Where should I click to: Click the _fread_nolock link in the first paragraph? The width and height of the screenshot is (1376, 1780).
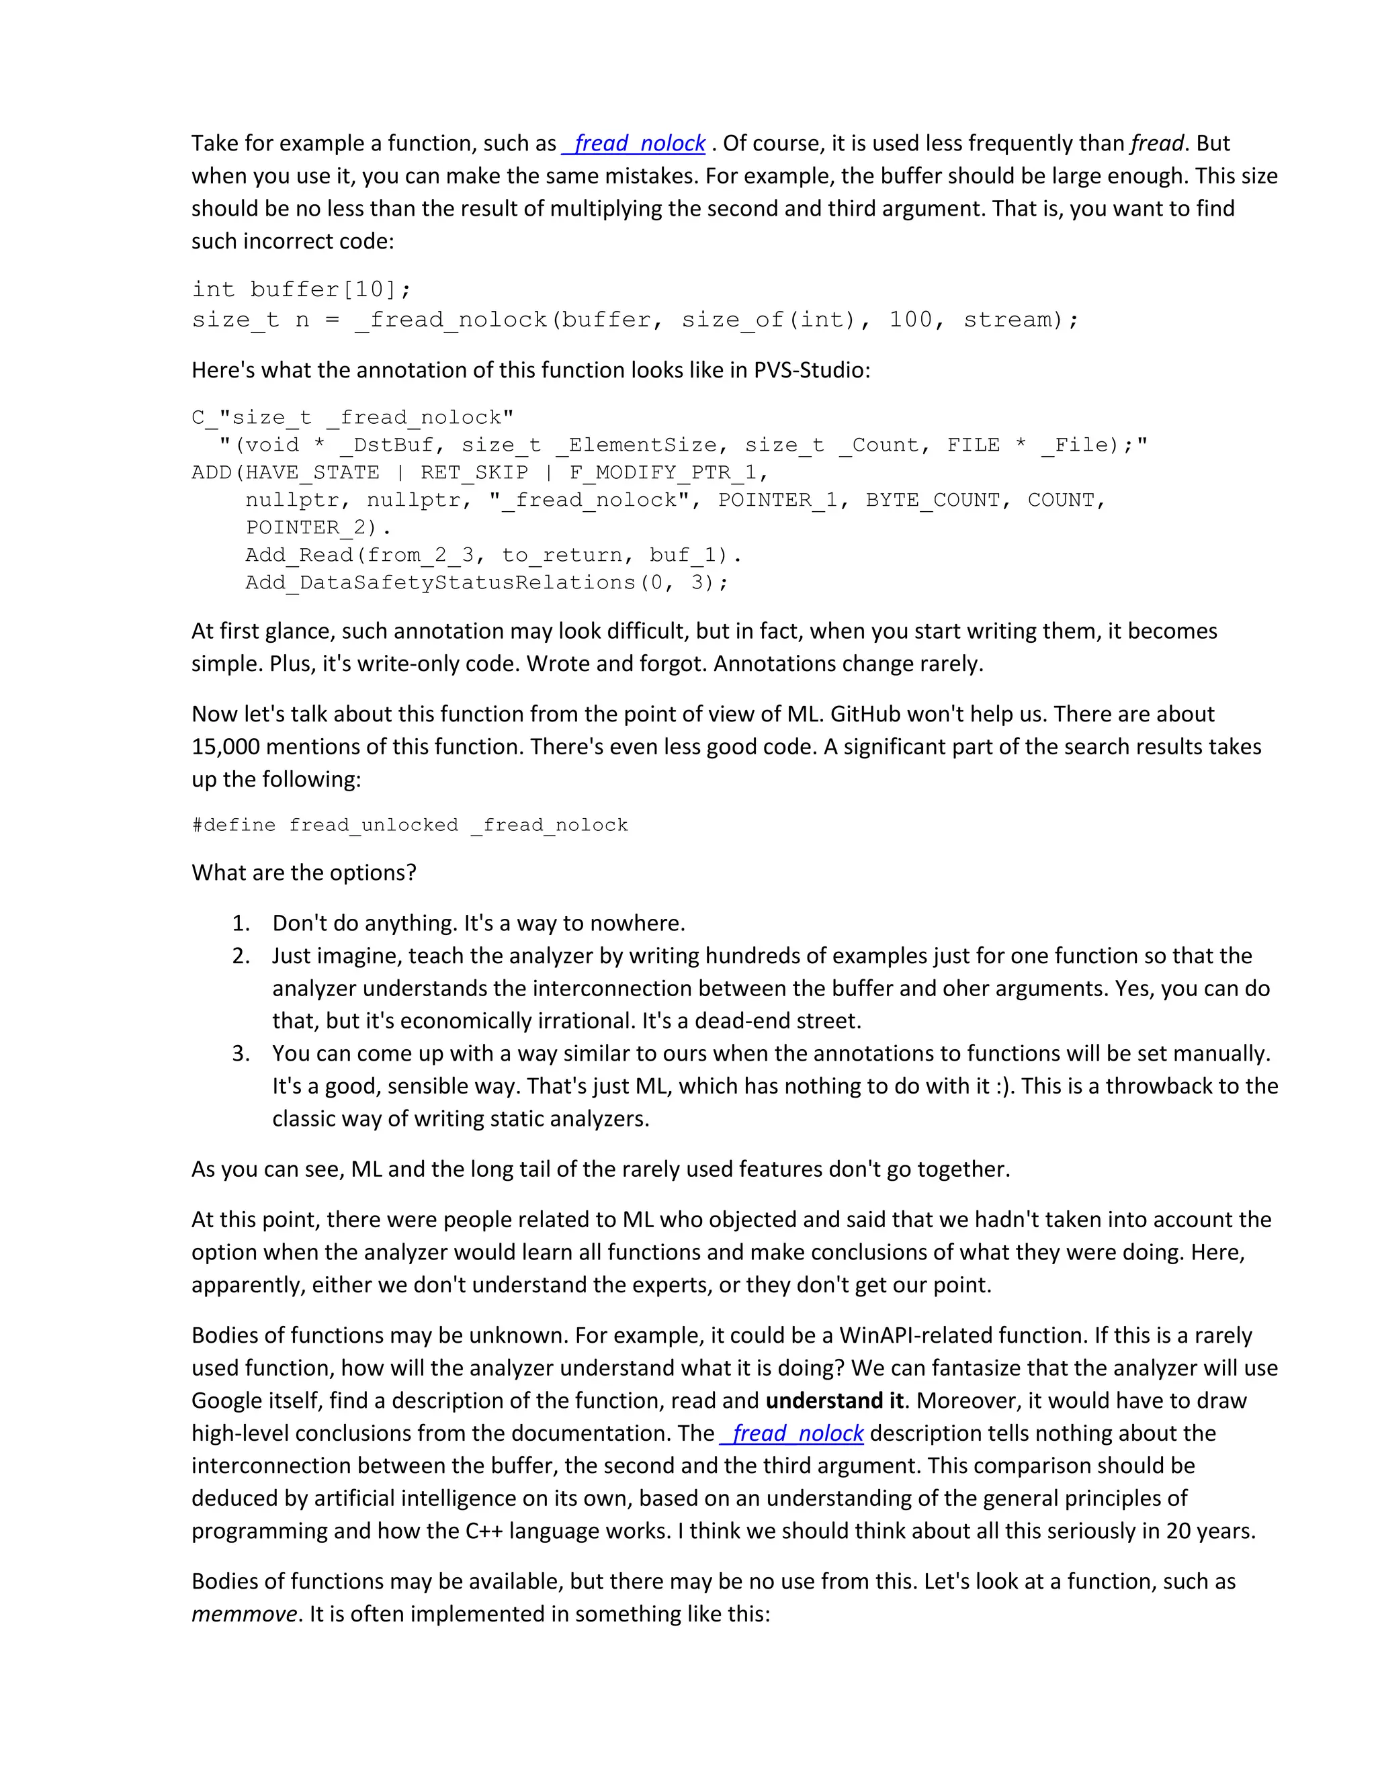pos(634,144)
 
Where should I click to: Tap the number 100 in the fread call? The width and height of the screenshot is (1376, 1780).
pos(910,320)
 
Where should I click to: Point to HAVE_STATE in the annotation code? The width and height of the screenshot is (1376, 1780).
pos(312,473)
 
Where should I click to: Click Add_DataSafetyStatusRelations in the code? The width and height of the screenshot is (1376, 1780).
pos(440,583)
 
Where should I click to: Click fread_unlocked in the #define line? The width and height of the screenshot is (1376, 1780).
pos(374,825)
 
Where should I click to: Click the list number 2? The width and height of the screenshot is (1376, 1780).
pos(241,955)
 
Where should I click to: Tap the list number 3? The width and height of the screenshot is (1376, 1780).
pos(241,1053)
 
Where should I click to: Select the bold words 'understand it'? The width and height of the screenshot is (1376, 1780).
pos(834,1400)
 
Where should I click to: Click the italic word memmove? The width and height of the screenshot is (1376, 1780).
pos(244,1613)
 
